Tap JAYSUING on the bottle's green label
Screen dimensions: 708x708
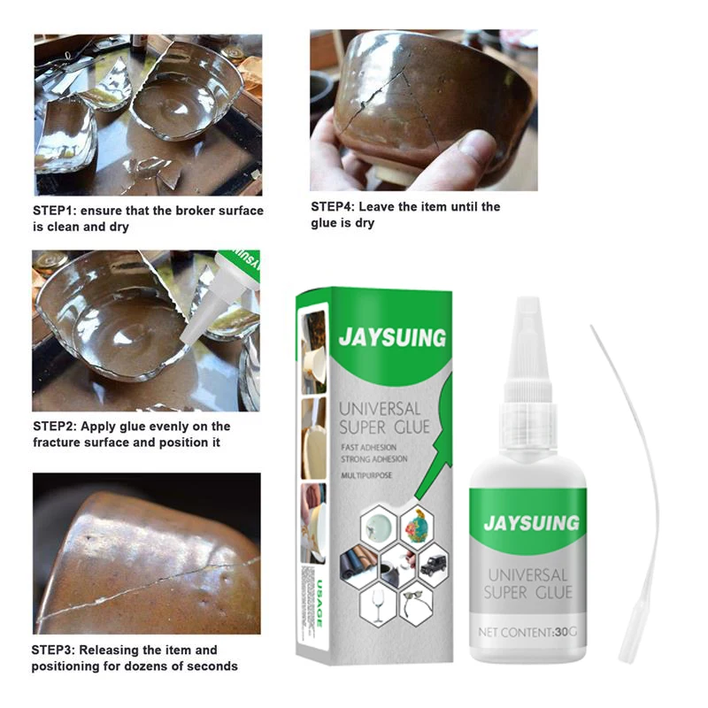point(528,522)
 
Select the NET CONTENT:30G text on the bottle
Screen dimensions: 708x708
point(528,632)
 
